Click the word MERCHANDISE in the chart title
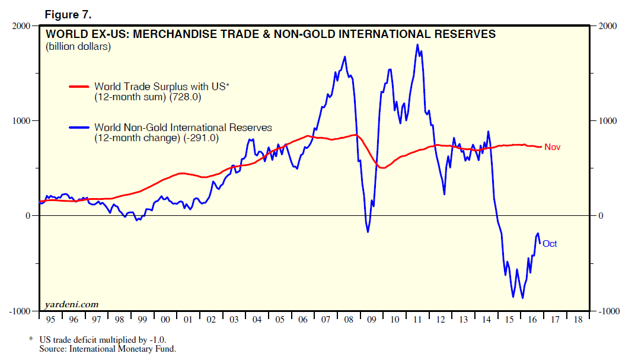[177, 34]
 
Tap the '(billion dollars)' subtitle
[78, 47]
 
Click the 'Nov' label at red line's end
[552, 147]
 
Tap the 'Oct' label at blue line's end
[550, 244]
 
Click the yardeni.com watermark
[71, 304]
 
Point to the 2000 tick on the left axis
[21, 26]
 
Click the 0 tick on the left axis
[27, 216]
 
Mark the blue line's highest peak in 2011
[417, 44]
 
